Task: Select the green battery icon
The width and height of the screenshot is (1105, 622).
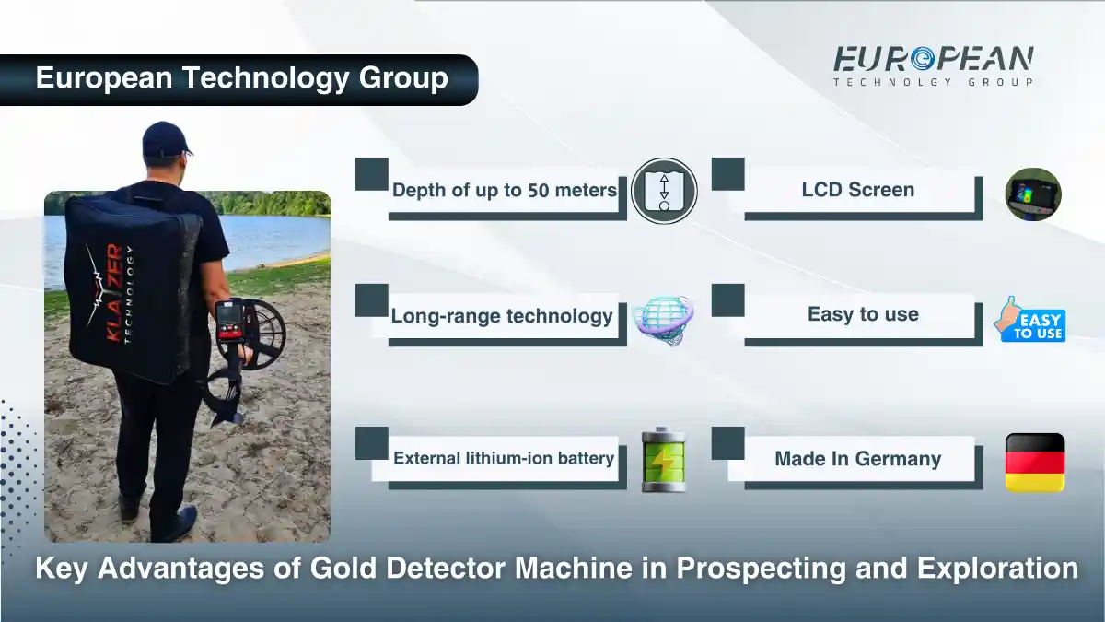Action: click(663, 459)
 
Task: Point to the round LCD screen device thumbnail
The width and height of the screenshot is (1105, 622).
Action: click(1032, 194)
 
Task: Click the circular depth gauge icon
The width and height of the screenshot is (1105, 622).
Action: click(663, 191)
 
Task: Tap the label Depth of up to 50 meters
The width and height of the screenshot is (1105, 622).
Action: click(504, 191)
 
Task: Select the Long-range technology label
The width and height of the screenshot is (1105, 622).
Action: click(501, 316)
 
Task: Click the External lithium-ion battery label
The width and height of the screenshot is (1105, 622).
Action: click(503, 458)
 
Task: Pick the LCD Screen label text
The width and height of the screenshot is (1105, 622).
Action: click(857, 190)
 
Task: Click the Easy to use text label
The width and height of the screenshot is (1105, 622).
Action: click(863, 314)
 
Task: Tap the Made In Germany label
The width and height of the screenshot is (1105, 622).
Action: click(857, 459)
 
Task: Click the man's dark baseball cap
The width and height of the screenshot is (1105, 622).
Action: click(166, 138)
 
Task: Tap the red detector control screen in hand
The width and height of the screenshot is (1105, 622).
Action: click(229, 323)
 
